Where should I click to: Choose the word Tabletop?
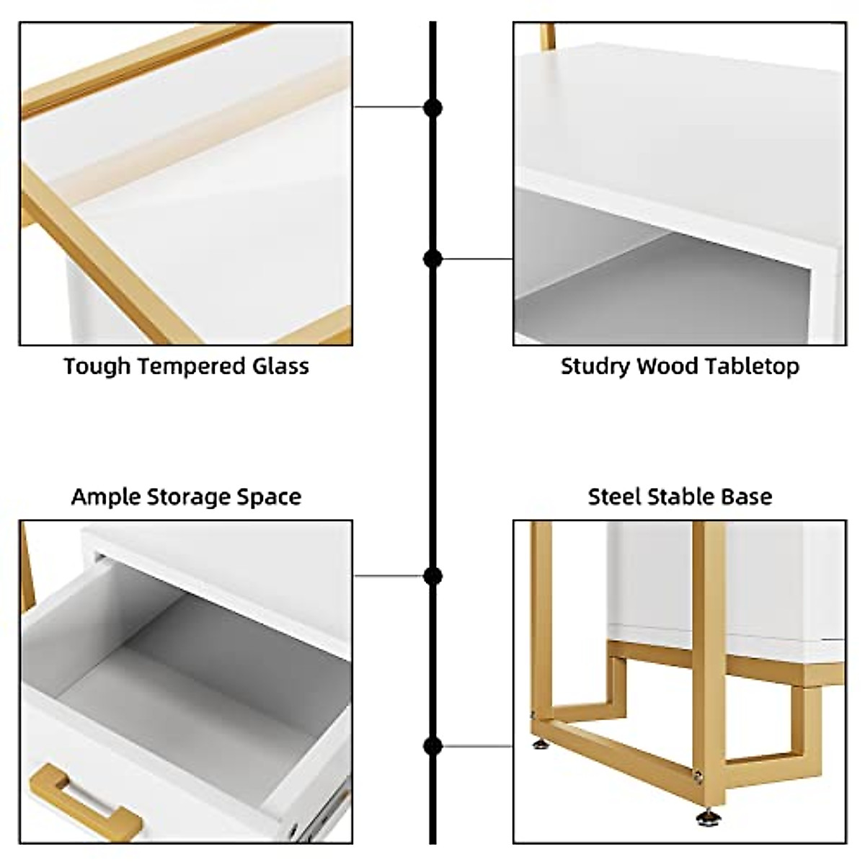[752, 366]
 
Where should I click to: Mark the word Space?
[269, 497]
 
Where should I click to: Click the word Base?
[748, 497]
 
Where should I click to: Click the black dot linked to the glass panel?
[432, 108]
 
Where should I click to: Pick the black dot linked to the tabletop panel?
[432, 258]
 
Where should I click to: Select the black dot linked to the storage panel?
[432, 576]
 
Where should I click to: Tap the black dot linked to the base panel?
[432, 746]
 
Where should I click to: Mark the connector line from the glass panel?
[389, 107]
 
